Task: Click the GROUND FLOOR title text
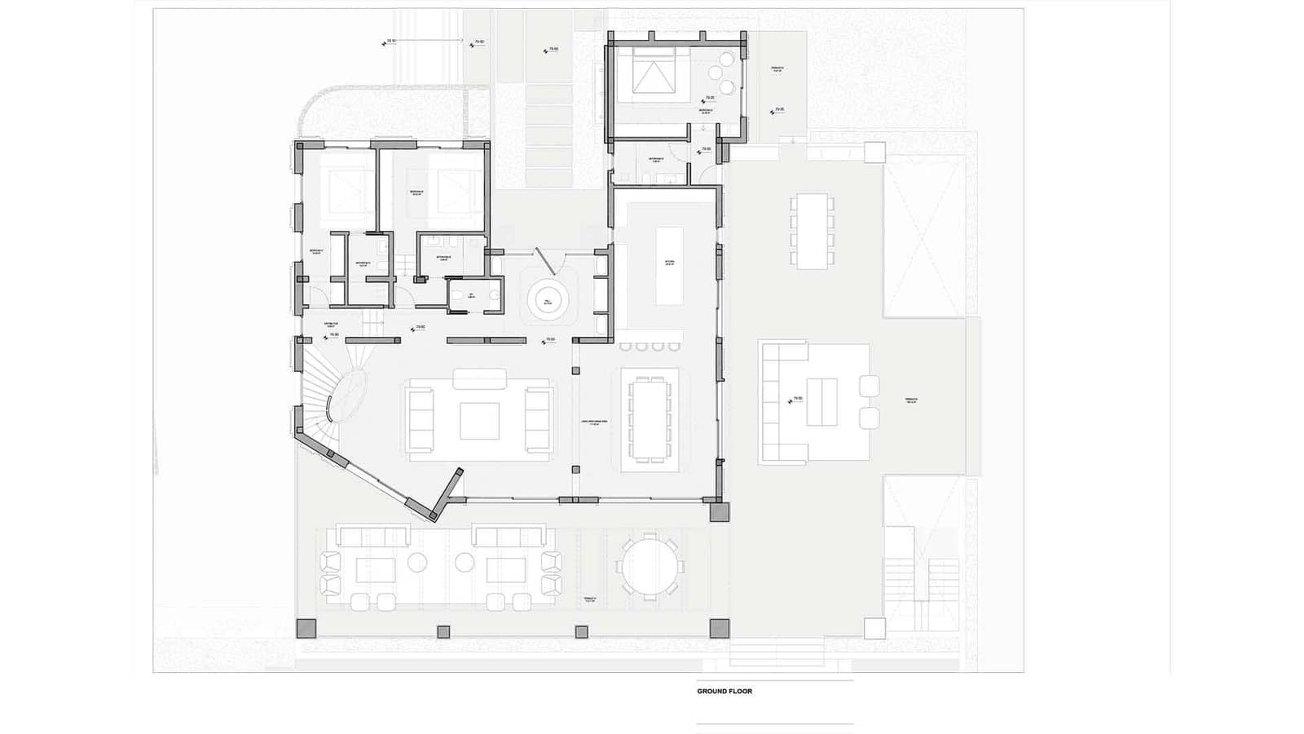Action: tap(725, 691)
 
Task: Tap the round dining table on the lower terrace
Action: tap(649, 566)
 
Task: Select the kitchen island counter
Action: tap(669, 266)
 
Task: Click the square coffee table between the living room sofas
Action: tap(479, 421)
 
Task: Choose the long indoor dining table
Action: tap(650, 418)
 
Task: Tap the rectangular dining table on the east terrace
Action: tap(813, 230)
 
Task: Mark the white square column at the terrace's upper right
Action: tap(874, 152)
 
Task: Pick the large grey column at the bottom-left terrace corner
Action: tap(305, 628)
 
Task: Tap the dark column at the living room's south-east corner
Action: tap(720, 512)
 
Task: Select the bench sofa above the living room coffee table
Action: tap(479, 378)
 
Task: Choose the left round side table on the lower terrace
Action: tap(418, 561)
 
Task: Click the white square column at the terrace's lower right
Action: tap(874, 628)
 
